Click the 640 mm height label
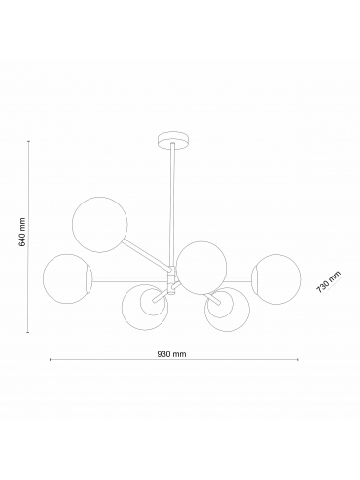pos(22,232)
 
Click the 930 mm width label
pos(172,354)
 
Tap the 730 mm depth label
pos(329,282)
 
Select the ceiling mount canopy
pos(173,140)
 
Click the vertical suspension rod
pos(172,205)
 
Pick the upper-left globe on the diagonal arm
pos(100,224)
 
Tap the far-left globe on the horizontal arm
pos(68,278)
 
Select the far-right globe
pos(276,279)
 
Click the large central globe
pos(201,268)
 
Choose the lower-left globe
pos(145,307)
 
